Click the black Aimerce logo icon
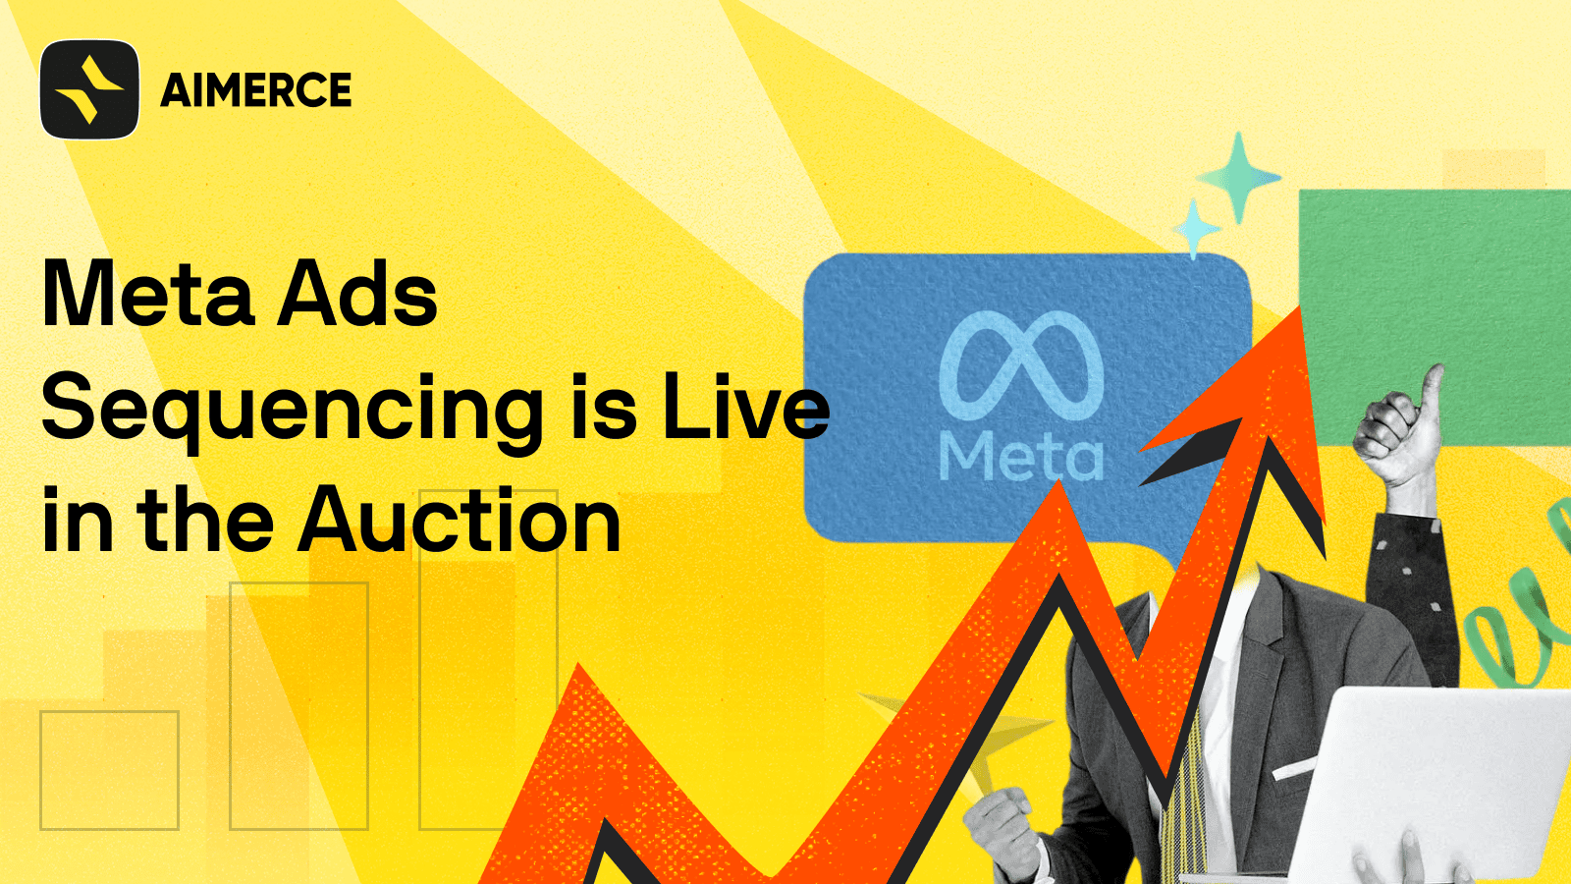tap(89, 89)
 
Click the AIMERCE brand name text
tap(256, 89)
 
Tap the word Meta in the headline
tap(148, 294)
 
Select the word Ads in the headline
tap(357, 294)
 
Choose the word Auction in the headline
tap(460, 521)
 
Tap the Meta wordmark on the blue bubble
tap(1021, 456)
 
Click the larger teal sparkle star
tap(1238, 178)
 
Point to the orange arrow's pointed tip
tap(1300, 308)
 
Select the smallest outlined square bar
tap(110, 770)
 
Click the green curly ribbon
tap(1522, 618)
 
